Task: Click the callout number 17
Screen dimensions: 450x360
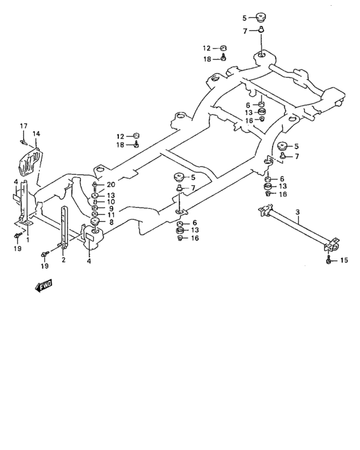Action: (23, 125)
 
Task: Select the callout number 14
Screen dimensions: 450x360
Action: (37, 134)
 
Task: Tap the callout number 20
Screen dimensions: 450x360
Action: (111, 184)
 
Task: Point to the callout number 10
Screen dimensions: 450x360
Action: (111, 202)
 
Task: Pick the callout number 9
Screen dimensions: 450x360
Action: (111, 208)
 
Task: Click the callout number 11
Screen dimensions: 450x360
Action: (111, 215)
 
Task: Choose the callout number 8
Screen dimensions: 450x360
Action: (111, 223)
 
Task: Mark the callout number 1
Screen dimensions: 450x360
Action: (27, 239)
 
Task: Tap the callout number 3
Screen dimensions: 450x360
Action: (297, 212)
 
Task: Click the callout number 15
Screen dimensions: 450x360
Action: (343, 260)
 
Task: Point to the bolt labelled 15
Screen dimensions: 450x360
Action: (328, 260)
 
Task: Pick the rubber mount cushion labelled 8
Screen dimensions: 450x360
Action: (95, 223)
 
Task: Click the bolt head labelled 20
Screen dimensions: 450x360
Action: (95, 185)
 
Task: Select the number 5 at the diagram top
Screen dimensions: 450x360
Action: (244, 18)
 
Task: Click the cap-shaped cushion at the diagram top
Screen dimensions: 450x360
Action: (261, 17)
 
